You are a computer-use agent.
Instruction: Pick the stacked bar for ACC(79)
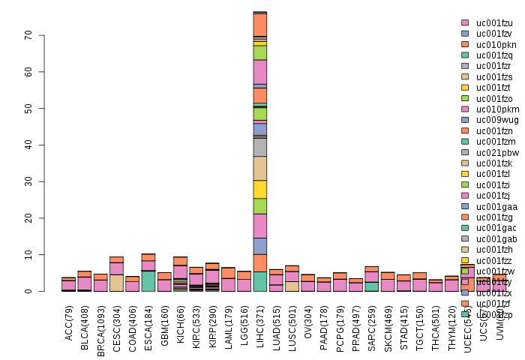pos(68,284)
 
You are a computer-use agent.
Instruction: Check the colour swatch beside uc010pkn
pos(465,45)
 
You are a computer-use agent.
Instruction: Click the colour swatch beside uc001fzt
pos(465,88)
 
